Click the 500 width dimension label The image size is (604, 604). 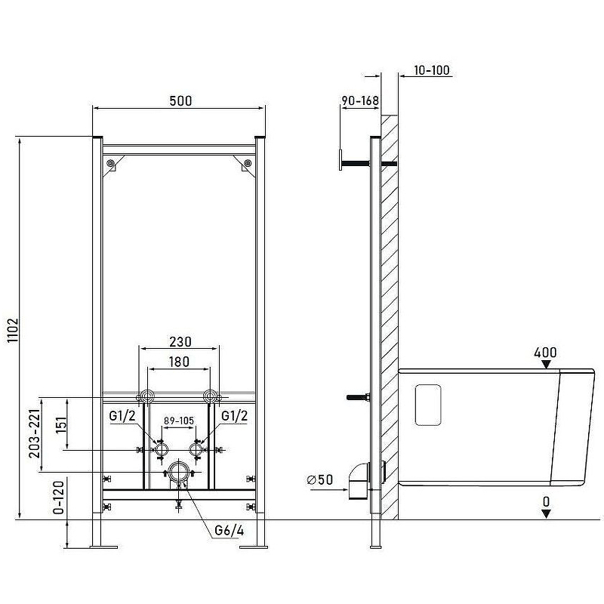180,101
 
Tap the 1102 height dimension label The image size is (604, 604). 13,330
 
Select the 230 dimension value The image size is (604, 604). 180,342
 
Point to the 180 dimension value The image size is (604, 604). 179,362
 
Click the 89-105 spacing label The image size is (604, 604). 179,421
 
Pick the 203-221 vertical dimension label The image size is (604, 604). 35,433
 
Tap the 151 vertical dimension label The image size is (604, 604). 61,425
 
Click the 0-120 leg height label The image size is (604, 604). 59,497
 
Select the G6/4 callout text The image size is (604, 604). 230,531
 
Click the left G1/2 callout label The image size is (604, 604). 122,416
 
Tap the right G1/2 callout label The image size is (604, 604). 234,416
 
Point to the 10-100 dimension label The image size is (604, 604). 432,70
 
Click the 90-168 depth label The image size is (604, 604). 360,100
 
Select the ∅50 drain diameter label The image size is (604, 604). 319,479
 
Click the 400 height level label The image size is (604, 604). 545,353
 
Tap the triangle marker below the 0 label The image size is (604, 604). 546,513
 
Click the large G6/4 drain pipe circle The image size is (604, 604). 178,472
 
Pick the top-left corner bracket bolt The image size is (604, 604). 111,163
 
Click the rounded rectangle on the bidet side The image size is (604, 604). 428,405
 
